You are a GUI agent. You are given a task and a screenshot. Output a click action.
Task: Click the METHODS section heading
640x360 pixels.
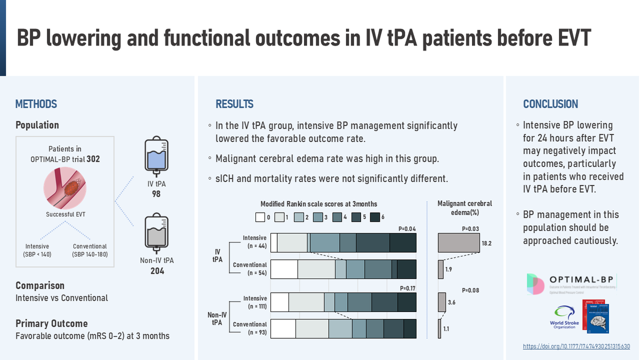36,105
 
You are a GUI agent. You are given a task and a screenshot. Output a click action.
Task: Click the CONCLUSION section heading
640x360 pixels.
550,105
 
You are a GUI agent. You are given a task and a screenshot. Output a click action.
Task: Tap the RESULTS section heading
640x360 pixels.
234,105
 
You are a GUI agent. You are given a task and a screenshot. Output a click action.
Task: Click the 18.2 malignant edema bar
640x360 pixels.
458,243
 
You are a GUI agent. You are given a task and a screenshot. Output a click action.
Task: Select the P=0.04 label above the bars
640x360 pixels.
407,229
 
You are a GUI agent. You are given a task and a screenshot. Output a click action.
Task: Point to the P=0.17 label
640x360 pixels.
407,289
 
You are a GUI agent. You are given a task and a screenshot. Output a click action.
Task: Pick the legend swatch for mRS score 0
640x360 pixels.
260,217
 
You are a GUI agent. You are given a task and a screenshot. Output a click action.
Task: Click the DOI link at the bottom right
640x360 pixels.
576,347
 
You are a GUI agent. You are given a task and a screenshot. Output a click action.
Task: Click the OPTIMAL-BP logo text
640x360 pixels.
585,280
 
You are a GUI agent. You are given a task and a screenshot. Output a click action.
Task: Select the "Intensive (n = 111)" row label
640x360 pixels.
254,302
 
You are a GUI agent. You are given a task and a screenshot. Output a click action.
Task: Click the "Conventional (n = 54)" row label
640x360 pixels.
250,269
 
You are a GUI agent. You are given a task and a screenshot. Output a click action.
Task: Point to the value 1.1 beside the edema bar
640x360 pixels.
446,329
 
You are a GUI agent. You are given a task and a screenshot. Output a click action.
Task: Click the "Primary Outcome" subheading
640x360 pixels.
51,323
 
